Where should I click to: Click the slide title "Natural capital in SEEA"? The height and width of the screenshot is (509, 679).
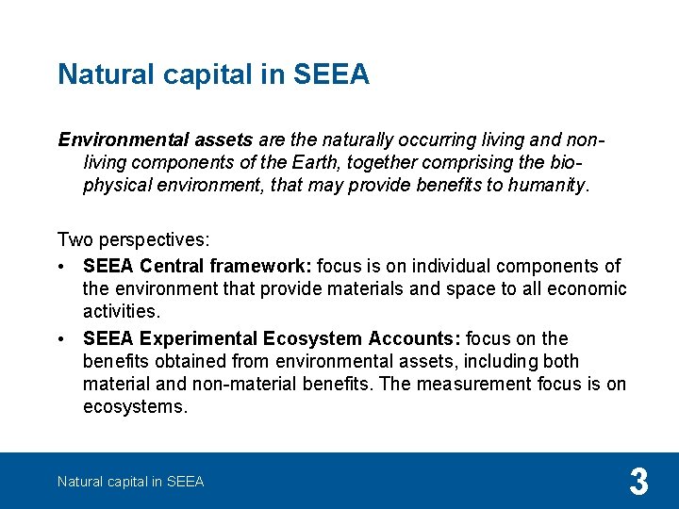[213, 74]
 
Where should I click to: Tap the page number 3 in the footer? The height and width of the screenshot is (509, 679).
[638, 483]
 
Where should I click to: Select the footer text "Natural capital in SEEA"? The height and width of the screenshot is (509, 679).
[130, 482]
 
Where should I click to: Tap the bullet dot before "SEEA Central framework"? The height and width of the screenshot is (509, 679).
[62, 267]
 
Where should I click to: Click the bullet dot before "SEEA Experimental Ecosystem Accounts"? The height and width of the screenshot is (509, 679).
[62, 339]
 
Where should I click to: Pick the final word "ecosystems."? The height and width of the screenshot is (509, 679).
[135, 406]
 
